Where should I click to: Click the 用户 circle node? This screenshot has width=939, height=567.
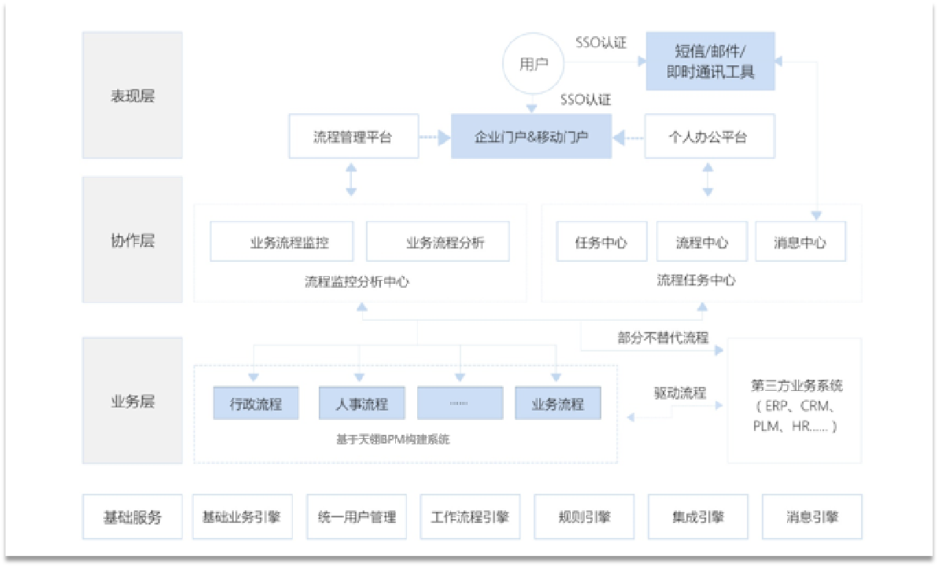534,65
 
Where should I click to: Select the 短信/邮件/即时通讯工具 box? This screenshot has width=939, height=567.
710,61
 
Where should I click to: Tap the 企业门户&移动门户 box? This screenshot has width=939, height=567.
531,136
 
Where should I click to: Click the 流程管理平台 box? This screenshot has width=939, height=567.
352,136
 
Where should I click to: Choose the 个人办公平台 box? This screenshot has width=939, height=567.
708,136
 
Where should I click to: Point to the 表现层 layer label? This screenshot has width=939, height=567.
132,95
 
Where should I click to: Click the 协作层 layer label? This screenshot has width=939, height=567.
132,240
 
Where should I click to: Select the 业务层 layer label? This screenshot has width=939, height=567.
132,401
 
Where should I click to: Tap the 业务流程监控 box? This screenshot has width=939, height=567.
282,241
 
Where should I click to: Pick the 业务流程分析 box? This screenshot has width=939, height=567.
438,241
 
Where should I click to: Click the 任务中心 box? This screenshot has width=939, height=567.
602,241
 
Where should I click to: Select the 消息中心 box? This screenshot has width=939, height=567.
800,241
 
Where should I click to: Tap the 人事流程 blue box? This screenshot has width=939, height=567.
361,404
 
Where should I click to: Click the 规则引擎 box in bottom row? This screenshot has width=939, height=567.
584,517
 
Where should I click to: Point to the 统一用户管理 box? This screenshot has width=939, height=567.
357,517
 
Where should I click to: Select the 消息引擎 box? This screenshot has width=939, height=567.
811,517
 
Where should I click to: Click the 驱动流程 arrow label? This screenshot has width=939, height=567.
679,393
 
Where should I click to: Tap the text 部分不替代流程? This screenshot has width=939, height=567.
663,338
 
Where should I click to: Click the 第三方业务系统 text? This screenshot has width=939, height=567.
797,386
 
